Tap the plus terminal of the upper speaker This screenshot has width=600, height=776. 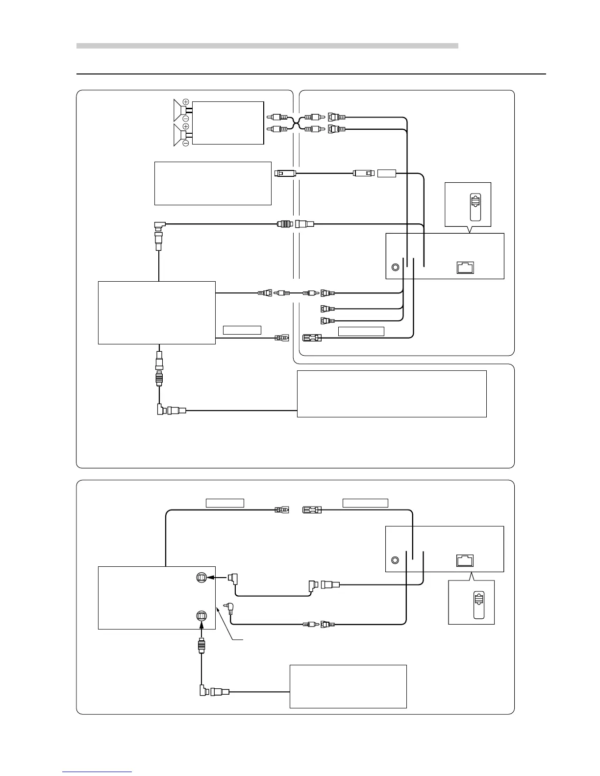point(186,101)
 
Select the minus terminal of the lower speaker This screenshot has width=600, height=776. point(186,143)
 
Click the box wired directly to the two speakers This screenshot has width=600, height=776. point(228,122)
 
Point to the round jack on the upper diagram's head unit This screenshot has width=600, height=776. point(396,268)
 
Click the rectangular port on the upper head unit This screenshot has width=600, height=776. point(465,267)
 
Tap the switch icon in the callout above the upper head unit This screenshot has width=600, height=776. point(475,207)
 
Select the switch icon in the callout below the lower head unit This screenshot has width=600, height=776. point(478,604)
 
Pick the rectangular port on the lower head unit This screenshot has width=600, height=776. point(465,559)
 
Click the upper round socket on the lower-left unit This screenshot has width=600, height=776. point(201,578)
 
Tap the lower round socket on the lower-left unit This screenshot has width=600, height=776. point(201,615)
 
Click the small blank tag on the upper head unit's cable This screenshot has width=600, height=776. point(387,173)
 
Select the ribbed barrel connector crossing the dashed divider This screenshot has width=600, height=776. point(285,224)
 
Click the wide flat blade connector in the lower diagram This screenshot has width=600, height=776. point(312,509)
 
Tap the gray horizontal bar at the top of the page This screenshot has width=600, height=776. point(267,46)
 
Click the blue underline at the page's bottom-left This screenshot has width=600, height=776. point(97,772)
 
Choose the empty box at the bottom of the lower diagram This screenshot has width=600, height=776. point(348,686)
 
